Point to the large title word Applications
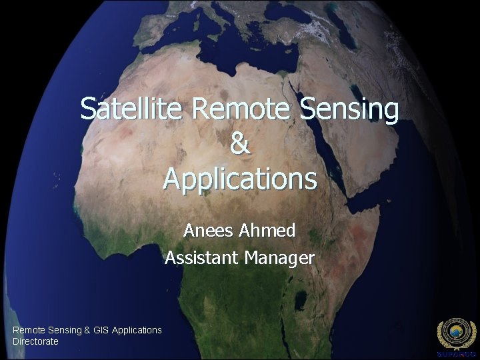tap(240, 179)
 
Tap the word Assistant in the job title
tap(202, 257)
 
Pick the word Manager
tap(279, 257)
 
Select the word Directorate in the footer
tap(35, 341)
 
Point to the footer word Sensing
tap(66, 330)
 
